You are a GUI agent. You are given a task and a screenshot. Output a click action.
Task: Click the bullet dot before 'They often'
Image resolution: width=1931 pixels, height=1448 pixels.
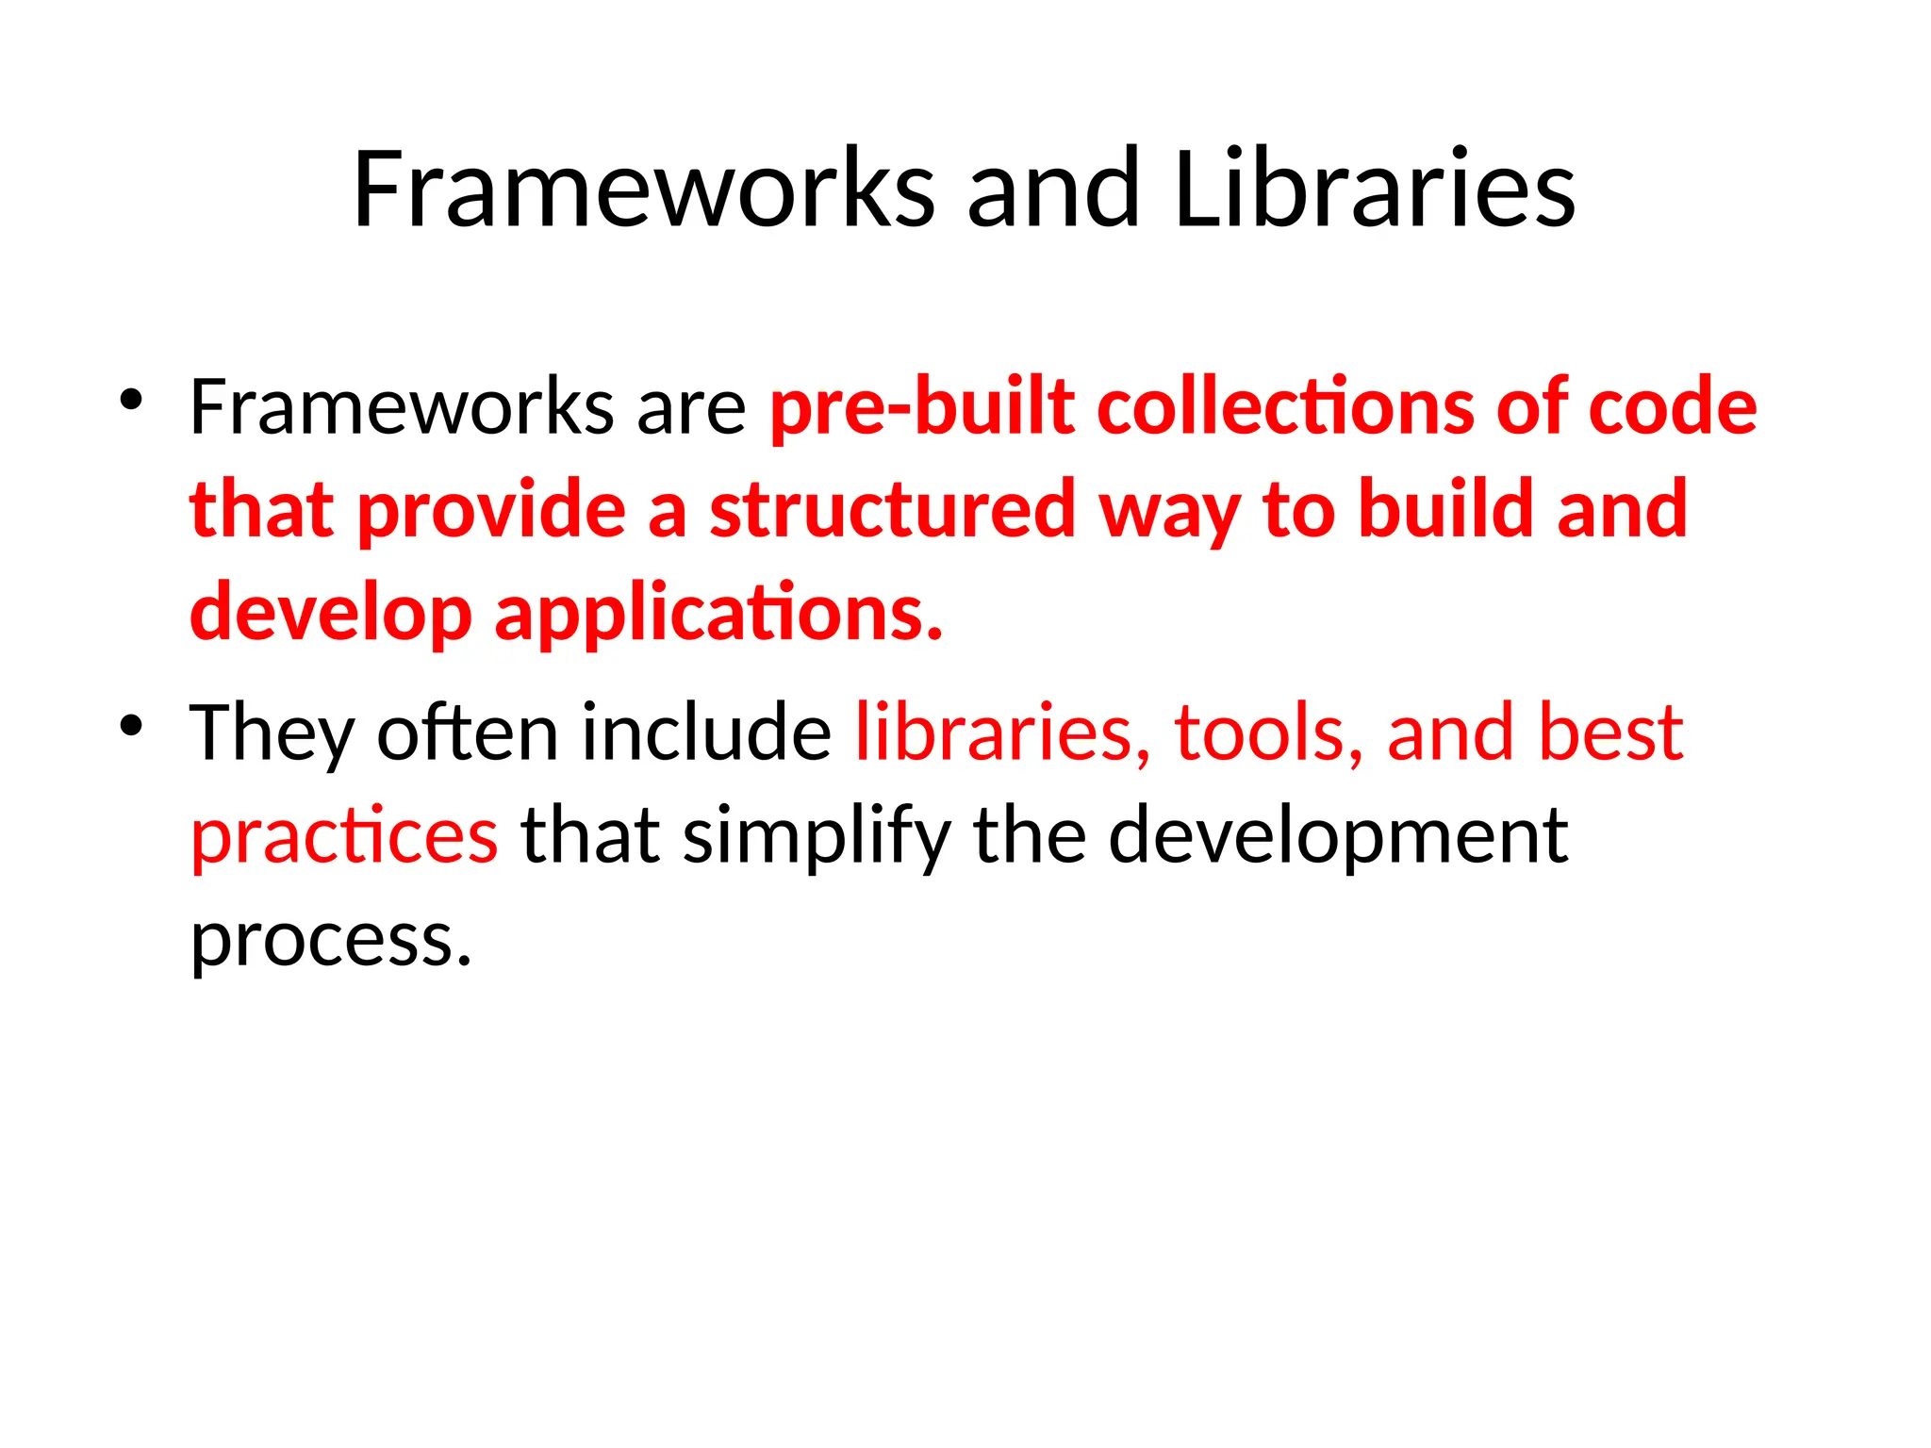pyautogui.click(x=131, y=725)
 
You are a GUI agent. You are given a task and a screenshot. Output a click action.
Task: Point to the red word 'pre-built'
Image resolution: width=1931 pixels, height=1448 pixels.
pyautogui.click(x=922, y=408)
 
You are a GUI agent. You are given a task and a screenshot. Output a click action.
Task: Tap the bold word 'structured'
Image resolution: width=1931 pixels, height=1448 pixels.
pyautogui.click(x=892, y=510)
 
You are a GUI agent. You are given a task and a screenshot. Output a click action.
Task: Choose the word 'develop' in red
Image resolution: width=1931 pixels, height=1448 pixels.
pyautogui.click(x=330, y=614)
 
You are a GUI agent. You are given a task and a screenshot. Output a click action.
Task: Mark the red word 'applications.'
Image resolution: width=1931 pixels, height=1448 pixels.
pyautogui.click(x=718, y=614)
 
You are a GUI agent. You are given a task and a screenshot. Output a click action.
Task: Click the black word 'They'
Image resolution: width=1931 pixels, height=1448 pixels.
pyautogui.click(x=272, y=734)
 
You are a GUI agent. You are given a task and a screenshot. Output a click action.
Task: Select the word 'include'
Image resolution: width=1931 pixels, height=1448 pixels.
pyautogui.click(x=706, y=732)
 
